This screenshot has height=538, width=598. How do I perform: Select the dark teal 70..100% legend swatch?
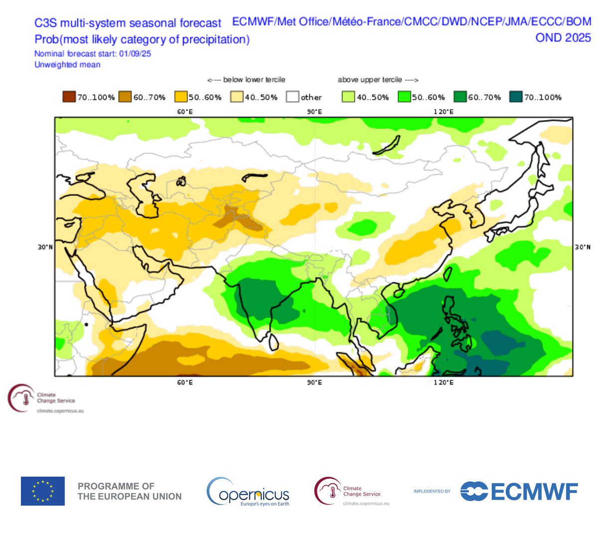click(x=516, y=97)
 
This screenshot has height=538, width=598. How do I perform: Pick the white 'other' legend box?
click(x=293, y=97)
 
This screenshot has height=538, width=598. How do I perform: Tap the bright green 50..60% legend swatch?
click(x=404, y=97)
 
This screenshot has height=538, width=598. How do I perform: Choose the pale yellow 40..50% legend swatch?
click(x=237, y=97)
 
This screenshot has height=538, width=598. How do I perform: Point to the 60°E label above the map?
click(x=185, y=112)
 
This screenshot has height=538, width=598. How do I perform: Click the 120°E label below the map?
click(x=443, y=382)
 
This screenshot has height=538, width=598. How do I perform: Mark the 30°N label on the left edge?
click(x=45, y=247)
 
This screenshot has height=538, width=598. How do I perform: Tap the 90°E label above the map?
click(x=314, y=112)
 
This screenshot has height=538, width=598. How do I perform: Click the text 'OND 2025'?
click(x=563, y=38)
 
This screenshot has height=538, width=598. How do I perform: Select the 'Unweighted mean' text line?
click(x=67, y=65)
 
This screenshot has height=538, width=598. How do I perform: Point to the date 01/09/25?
click(x=135, y=54)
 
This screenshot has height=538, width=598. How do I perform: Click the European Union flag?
click(x=43, y=491)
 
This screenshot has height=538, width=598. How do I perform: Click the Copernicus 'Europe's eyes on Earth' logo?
click(x=248, y=492)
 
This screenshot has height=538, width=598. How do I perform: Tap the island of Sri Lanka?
click(x=273, y=341)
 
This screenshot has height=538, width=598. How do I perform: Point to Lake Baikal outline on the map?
click(x=387, y=146)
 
